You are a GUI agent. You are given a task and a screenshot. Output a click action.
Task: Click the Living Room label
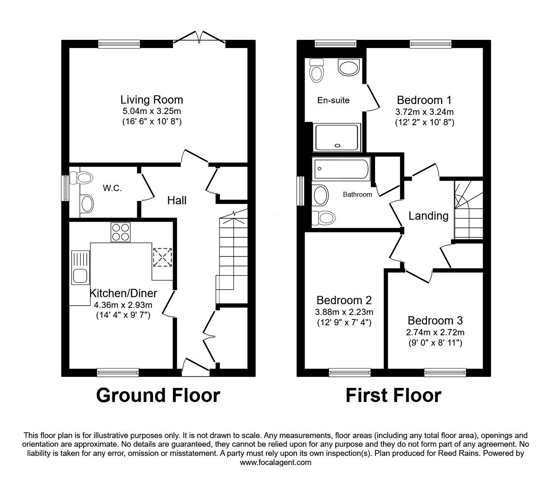click(x=152, y=100)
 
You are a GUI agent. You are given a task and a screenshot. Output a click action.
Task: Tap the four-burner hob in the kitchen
click(x=121, y=232)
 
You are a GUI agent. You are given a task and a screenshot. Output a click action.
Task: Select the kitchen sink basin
click(x=80, y=276)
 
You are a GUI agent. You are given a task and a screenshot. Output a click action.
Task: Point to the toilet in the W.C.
click(x=81, y=178)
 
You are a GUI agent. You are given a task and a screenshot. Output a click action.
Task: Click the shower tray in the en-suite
click(x=337, y=138)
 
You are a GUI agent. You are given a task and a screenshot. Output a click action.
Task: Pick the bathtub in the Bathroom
click(x=341, y=169)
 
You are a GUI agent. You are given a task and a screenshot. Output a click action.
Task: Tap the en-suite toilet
click(x=317, y=70)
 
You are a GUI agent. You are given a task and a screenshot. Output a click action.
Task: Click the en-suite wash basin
click(x=349, y=67)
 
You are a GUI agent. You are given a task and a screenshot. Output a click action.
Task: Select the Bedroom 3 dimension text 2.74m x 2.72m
click(x=435, y=332)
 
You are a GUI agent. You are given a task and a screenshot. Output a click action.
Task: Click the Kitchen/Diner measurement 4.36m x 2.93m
click(x=123, y=305)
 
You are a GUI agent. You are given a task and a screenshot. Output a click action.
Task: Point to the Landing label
click(x=428, y=216)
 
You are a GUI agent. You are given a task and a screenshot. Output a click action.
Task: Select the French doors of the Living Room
click(x=199, y=37)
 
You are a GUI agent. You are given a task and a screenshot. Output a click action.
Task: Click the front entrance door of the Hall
click(x=196, y=367)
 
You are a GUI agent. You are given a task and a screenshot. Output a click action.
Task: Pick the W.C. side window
click(x=65, y=188)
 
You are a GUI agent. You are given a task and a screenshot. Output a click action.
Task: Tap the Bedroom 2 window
click(x=350, y=372)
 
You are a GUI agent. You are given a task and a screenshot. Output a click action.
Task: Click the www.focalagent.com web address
click(x=275, y=462)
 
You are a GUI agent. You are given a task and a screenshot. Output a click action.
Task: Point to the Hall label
click(x=177, y=201)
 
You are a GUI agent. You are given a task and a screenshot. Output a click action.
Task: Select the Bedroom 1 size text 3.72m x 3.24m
click(x=424, y=112)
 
